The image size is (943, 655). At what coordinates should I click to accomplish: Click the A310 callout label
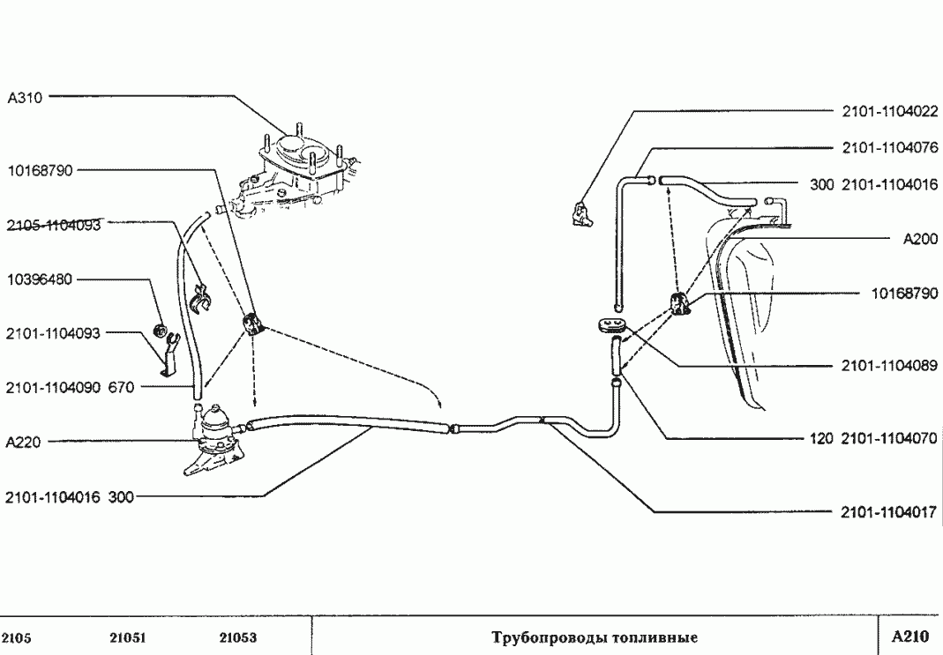click(x=26, y=98)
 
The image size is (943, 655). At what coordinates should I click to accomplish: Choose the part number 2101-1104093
click(x=53, y=333)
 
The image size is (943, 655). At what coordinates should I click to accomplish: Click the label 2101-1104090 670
click(x=70, y=387)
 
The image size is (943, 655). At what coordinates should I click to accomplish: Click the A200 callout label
click(x=919, y=238)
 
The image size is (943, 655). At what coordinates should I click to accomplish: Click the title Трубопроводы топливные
click(x=595, y=636)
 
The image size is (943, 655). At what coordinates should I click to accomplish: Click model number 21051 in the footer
click(x=128, y=637)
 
